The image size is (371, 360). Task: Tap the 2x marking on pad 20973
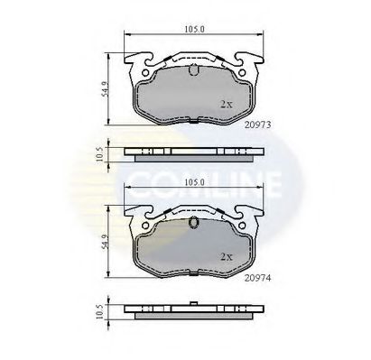(227, 105)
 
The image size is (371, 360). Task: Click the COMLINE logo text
(202, 169)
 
